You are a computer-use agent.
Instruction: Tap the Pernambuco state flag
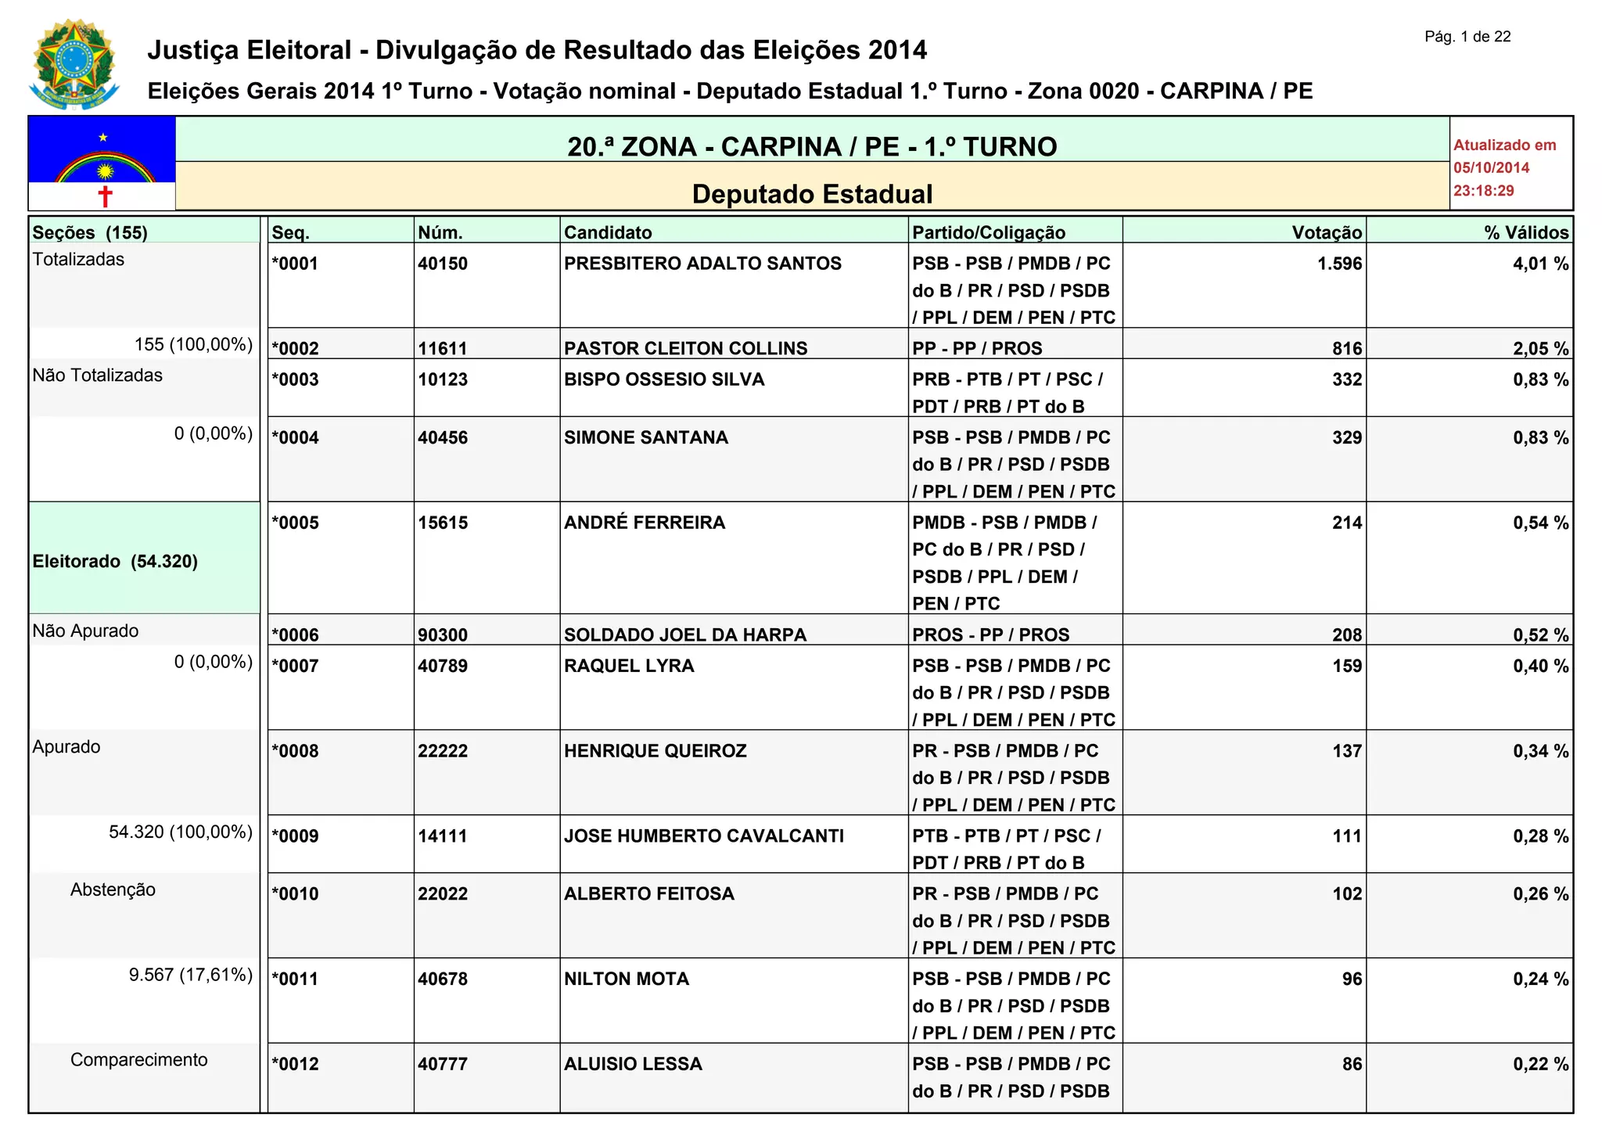click(102, 163)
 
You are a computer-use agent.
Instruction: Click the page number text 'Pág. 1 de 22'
click(1467, 37)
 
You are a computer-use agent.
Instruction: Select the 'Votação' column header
click(1327, 232)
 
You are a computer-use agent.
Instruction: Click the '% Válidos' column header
click(1526, 232)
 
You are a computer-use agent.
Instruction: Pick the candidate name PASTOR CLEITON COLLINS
click(685, 348)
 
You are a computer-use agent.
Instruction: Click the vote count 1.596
click(1339, 264)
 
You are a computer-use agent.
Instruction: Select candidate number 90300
click(443, 634)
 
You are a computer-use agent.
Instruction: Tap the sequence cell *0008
click(295, 751)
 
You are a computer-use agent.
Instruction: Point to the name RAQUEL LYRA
click(629, 666)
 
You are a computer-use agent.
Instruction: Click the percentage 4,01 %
click(1540, 264)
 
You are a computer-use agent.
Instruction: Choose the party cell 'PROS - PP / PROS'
click(990, 634)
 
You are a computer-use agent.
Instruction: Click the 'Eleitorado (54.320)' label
click(115, 561)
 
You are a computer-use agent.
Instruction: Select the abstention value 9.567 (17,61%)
click(190, 975)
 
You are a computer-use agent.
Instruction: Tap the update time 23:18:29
click(1483, 191)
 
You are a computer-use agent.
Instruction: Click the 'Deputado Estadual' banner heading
click(812, 194)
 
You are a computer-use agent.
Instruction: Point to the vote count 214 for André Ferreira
click(1347, 523)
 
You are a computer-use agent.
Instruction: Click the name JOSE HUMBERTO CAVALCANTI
click(703, 836)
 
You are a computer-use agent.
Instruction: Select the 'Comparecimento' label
click(138, 1060)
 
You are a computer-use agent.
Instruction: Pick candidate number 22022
click(443, 894)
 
